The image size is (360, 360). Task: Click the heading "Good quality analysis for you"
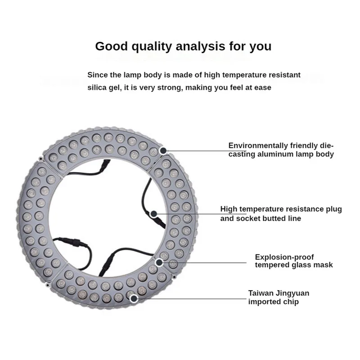[x=183, y=46]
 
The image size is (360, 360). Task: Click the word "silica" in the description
[x=98, y=87]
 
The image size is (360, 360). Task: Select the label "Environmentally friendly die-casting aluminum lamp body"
[x=281, y=150]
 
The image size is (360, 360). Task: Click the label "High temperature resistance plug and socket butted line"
[x=281, y=213]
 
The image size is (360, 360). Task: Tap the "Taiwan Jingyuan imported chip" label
[x=279, y=297]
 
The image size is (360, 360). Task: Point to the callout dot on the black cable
[x=153, y=214]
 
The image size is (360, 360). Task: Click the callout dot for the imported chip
[x=134, y=298]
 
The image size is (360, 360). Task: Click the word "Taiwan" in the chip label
[x=261, y=293]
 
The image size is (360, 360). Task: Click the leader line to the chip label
[x=189, y=298]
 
